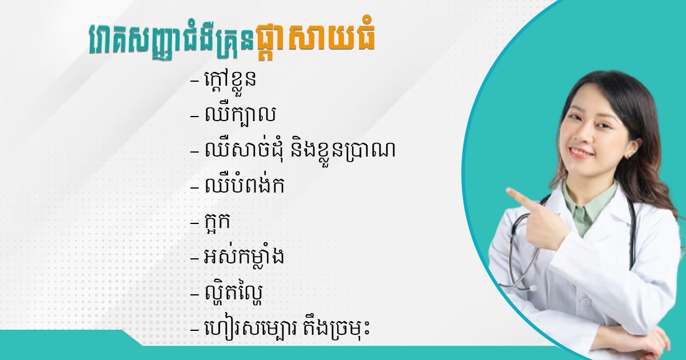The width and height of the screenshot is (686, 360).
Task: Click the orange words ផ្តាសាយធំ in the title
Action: point(316,41)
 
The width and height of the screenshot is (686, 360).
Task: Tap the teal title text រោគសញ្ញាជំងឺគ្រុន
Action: point(172,41)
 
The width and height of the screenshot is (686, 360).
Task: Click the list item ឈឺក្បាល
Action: point(240,114)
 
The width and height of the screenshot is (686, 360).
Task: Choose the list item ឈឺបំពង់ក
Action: point(244,185)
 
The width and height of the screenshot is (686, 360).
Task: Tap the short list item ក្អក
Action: point(217,221)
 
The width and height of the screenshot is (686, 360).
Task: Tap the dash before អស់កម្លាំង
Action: point(194,258)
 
